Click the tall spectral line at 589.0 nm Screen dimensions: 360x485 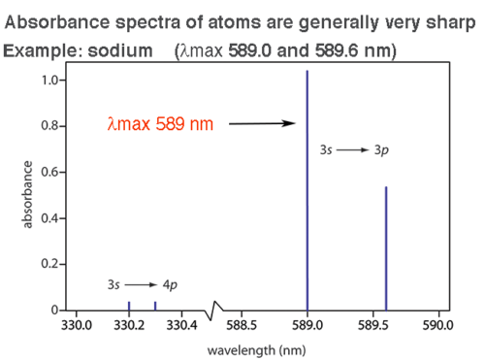pos(307,194)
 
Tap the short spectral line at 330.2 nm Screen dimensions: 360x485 pos(129,306)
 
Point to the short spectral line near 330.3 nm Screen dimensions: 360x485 pos(155,306)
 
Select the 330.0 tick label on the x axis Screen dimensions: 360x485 pos(76,325)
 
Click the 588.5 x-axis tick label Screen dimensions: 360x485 pos(241,325)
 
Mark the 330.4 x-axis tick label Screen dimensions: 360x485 pos(181,325)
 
